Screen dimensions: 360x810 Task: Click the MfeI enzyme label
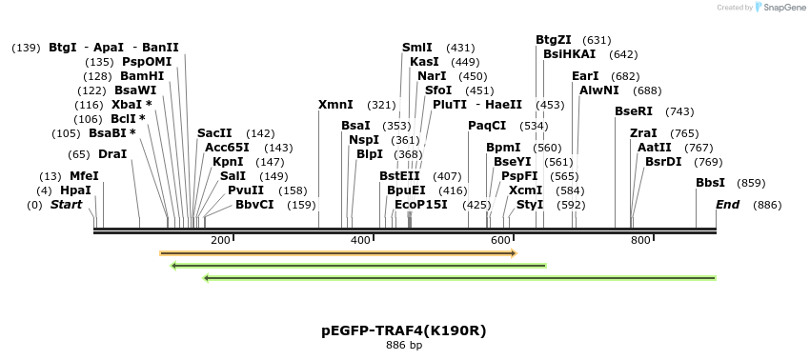[84, 176]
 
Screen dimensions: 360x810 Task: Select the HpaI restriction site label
[75, 190]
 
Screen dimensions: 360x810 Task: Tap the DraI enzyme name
[112, 154]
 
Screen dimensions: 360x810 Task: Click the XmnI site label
[335, 105]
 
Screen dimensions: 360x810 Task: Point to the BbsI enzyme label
[710, 183]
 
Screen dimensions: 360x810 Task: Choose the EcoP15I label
[420, 205]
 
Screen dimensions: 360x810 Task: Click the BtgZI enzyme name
[554, 40]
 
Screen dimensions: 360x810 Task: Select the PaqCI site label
[487, 126]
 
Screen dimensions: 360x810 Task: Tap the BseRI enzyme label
[634, 111]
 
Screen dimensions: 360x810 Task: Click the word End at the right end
[727, 205]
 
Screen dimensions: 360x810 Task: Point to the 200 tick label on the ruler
[220, 240]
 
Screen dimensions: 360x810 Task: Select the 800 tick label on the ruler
[640, 240]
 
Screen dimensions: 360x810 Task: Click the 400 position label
[360, 240]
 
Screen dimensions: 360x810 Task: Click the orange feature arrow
[338, 253]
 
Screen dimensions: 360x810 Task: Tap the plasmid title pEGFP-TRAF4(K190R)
[404, 330]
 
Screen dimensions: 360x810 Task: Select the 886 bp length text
[404, 346]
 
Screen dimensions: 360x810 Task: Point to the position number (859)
[752, 183]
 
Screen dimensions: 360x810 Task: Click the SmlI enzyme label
[416, 48]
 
